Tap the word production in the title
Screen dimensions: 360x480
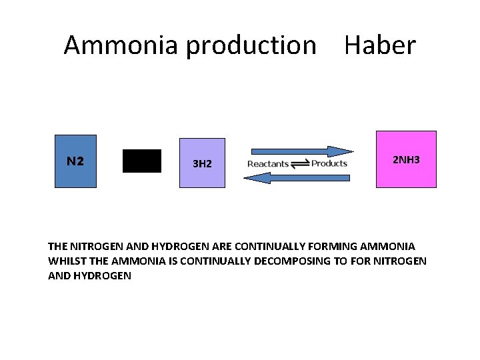coord(251,45)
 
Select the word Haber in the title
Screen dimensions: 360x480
coord(379,45)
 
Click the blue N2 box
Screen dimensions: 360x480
coord(75,161)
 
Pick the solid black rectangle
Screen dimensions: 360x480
coord(142,161)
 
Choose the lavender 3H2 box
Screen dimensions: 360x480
coord(203,163)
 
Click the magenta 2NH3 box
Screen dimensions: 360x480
coord(406,159)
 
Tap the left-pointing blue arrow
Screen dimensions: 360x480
coord(297,177)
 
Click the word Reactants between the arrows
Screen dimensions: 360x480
coord(268,164)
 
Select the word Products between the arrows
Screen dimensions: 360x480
coord(329,163)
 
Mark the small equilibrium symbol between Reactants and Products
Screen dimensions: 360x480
coord(299,164)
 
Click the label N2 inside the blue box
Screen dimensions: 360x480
coord(75,161)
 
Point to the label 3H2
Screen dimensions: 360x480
coord(202,163)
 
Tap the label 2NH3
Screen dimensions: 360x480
coord(405,161)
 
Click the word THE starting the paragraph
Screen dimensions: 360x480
coord(58,247)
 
